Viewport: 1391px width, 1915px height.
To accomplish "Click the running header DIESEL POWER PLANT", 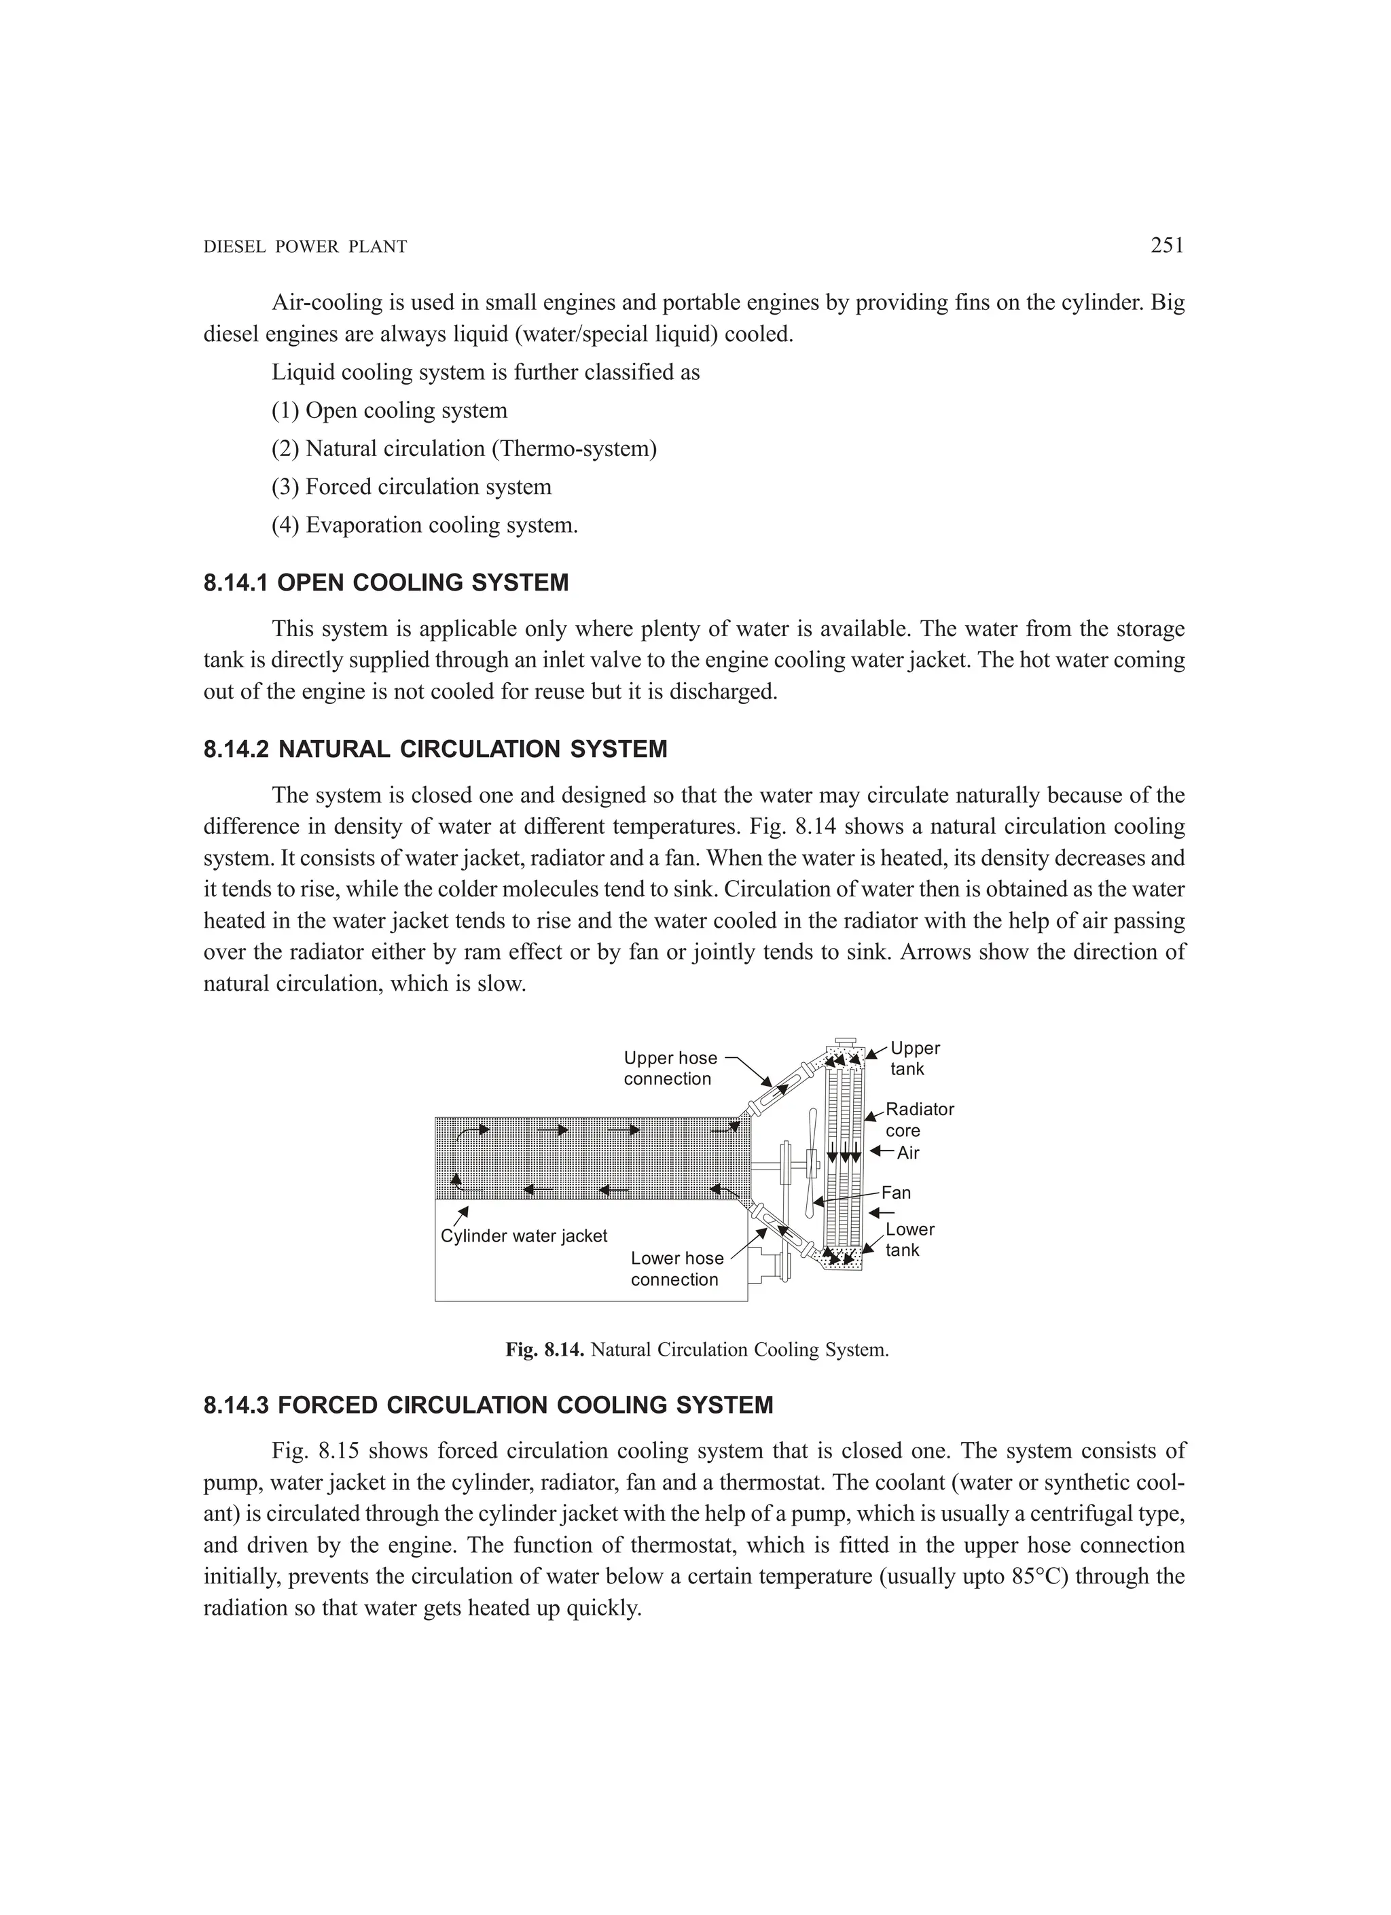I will (x=306, y=247).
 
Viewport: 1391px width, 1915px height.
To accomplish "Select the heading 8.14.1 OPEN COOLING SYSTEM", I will (x=386, y=582).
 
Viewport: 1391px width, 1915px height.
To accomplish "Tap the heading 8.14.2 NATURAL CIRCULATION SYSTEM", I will (x=435, y=749).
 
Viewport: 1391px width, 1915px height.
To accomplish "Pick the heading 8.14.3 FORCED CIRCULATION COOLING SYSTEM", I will (x=488, y=1405).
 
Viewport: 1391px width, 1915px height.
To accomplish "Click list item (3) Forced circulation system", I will (x=411, y=487).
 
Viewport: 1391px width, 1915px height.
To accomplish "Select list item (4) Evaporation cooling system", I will (x=424, y=525).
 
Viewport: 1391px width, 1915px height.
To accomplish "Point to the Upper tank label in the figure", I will (x=914, y=1058).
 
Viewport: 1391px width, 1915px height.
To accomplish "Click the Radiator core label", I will (x=918, y=1120).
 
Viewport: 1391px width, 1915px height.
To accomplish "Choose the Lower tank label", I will (x=909, y=1240).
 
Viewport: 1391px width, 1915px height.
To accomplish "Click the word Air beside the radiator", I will (x=907, y=1153).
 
